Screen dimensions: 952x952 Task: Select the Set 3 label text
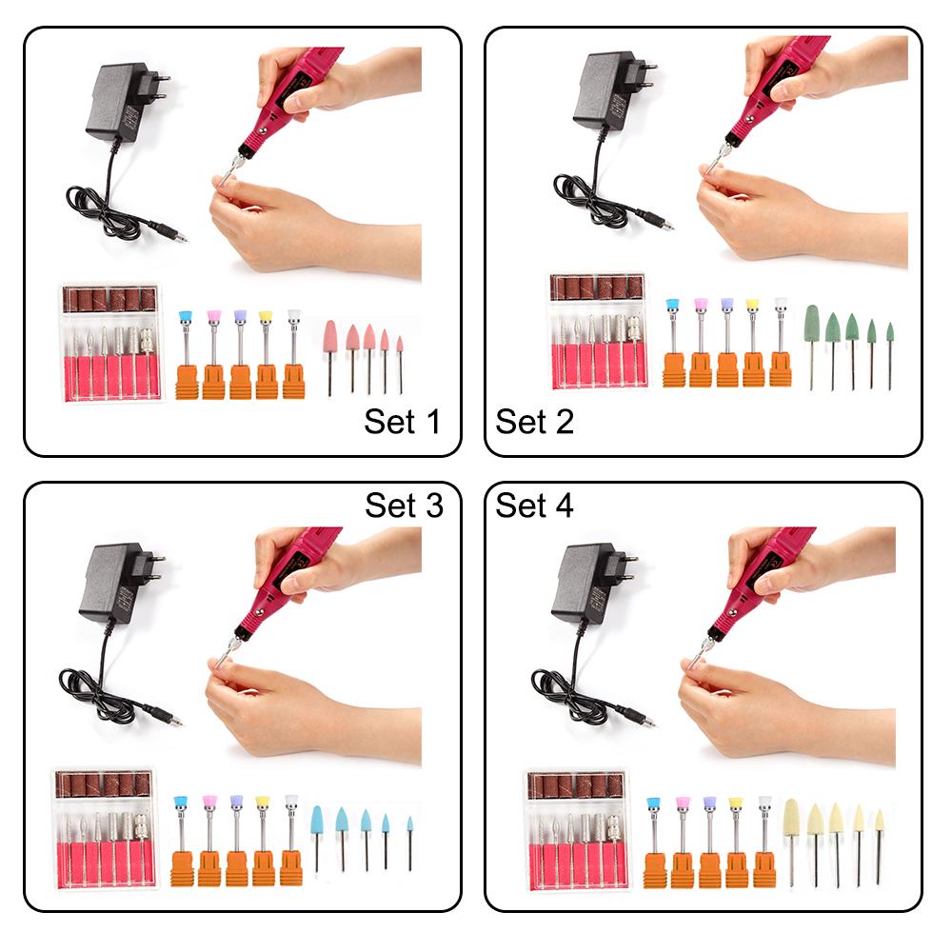[x=404, y=506]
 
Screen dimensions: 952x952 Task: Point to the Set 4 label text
[x=534, y=506]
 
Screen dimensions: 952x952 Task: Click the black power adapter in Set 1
[x=118, y=103]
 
